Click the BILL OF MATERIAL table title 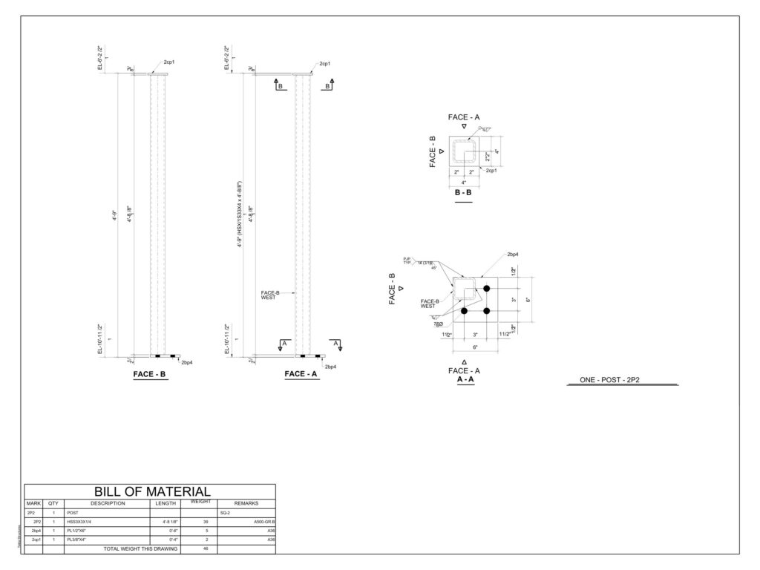[152, 491]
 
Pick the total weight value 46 [194, 548]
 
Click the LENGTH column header [165, 504]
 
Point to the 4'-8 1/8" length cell [167, 522]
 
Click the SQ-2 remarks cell [225, 513]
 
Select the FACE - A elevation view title [301, 375]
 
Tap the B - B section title [463, 192]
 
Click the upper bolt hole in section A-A [487, 288]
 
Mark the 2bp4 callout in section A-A [513, 255]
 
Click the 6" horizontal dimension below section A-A [476, 347]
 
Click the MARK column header [33, 504]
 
